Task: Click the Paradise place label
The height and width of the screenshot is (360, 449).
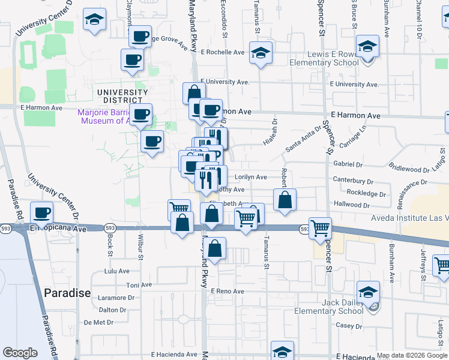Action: coord(67,293)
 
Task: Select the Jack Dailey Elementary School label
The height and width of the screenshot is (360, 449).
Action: coord(330,307)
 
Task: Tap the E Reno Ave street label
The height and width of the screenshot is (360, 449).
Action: coord(227,291)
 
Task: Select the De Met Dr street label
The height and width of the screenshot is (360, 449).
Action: coord(98,322)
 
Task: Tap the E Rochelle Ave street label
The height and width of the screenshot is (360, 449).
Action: coord(223,52)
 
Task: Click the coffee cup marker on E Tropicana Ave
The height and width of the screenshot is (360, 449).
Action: coord(42,212)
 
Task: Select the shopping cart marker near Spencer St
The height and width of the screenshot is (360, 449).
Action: coord(321,227)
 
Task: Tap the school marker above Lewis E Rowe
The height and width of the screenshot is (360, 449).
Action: coord(367,46)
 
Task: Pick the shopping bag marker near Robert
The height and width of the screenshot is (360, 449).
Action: coord(285,200)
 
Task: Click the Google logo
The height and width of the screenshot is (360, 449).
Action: coord(20,353)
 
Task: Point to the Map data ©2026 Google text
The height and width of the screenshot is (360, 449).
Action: coord(411,355)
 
